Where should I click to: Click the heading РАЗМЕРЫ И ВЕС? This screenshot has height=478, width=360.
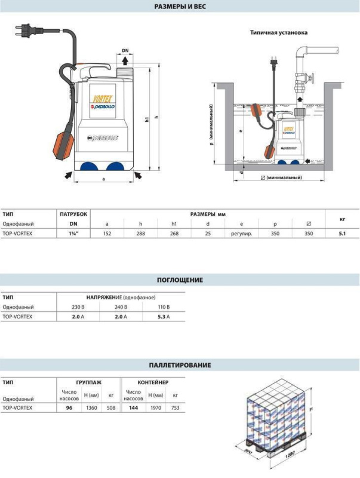[180, 7]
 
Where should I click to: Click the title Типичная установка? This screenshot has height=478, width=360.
[279, 32]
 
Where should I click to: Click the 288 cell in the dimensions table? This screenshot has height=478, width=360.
[141, 234]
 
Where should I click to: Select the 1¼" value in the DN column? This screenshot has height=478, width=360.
[74, 234]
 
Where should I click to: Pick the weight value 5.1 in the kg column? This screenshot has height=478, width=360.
[342, 234]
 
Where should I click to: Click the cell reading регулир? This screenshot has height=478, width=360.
[241, 234]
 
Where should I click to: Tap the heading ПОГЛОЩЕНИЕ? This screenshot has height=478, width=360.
[180, 280]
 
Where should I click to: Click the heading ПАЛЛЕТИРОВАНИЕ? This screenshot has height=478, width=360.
[180, 364]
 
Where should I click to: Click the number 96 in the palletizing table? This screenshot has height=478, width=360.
[69, 407]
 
